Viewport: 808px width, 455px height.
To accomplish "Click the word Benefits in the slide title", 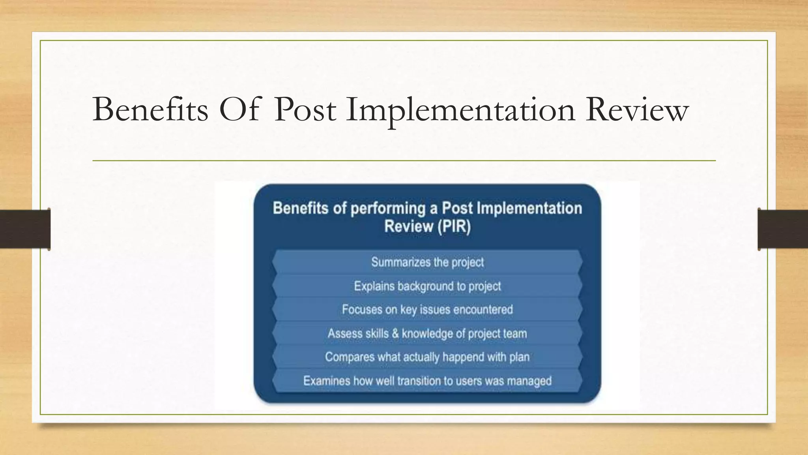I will pos(150,109).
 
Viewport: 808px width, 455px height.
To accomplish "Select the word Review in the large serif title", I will pos(637,109).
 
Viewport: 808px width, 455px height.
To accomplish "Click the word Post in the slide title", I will pos(305,109).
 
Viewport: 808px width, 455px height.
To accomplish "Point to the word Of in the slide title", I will pos(239,109).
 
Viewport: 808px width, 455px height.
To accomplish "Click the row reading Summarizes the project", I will pos(427,262).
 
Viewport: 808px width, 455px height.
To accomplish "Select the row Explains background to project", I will pos(427,286).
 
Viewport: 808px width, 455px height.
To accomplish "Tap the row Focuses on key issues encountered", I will pos(427,309).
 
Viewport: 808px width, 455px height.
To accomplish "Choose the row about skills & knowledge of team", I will pos(427,333).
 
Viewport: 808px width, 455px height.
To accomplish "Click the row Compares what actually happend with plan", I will pos(427,357).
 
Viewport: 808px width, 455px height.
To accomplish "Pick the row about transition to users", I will pos(427,381).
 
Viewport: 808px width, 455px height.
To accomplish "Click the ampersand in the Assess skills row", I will pos(395,333).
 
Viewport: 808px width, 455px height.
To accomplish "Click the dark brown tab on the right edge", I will pos(783,229).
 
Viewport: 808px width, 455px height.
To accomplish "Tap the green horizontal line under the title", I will pos(404,161).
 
